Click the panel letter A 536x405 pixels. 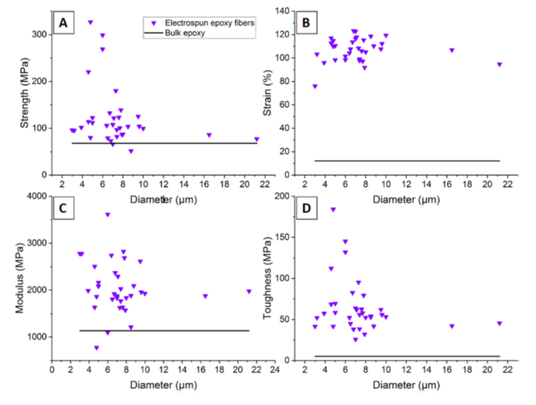pyautogui.click(x=64, y=24)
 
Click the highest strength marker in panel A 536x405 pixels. pyautogui.click(x=90, y=22)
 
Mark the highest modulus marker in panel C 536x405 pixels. pyautogui.click(x=107, y=215)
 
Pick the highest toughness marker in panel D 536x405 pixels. pyautogui.click(x=334, y=210)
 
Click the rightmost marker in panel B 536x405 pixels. pyautogui.click(x=500, y=65)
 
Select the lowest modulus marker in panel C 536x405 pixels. pyautogui.click(x=96, y=348)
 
